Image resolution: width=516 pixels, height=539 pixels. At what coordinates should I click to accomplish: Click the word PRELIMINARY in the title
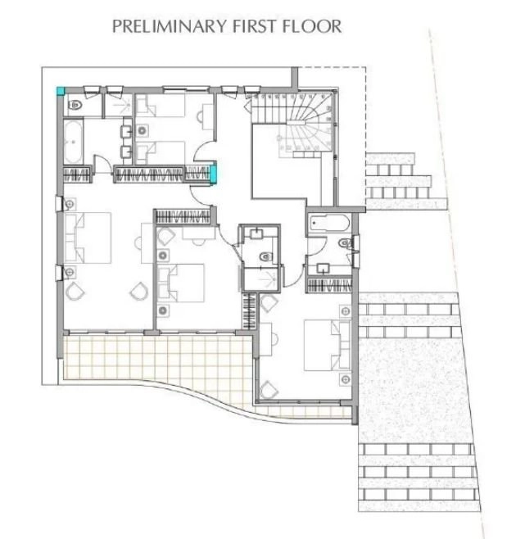click(x=170, y=26)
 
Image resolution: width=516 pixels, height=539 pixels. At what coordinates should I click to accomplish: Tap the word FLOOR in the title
click(x=312, y=26)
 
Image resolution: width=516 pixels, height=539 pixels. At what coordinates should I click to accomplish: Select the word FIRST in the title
click(x=255, y=26)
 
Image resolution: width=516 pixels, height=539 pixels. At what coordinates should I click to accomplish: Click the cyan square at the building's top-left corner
click(x=61, y=91)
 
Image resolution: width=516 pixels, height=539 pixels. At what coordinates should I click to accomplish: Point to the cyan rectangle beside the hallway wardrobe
click(x=214, y=174)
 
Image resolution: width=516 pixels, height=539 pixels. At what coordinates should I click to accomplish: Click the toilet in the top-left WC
click(x=75, y=105)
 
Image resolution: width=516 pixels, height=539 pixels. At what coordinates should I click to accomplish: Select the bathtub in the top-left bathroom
click(x=73, y=141)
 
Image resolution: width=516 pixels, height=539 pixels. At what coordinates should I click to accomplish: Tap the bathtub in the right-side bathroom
click(x=329, y=223)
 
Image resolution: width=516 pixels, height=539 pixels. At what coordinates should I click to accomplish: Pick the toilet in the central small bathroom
click(x=265, y=256)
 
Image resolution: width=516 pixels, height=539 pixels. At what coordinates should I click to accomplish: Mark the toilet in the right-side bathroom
click(x=345, y=243)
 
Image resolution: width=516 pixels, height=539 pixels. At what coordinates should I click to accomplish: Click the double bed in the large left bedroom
click(x=88, y=238)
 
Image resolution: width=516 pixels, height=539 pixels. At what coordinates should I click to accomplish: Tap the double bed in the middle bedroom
click(x=181, y=283)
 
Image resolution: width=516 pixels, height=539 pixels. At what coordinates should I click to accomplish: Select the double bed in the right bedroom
click(x=328, y=345)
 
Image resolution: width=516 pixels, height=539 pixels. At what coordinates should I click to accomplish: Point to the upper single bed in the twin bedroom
click(x=161, y=105)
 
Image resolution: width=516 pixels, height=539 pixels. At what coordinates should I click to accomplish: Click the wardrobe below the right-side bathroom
click(x=328, y=285)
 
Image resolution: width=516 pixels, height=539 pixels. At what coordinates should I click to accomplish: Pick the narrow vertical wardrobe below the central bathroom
click(x=250, y=311)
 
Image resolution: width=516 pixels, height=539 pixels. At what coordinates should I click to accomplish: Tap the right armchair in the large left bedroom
click(x=139, y=291)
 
